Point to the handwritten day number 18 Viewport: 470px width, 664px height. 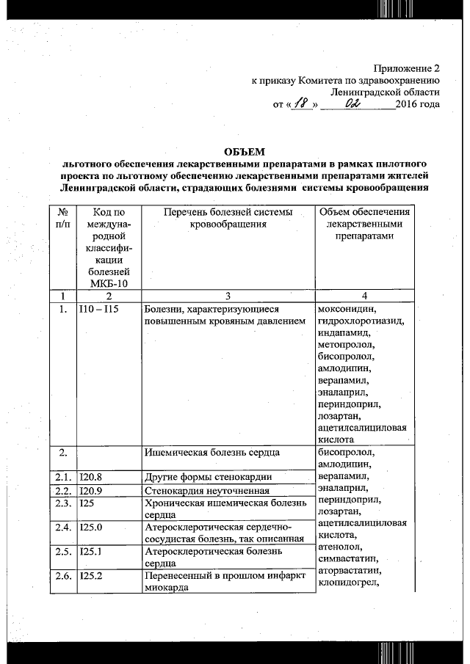pos(300,104)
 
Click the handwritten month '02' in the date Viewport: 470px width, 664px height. pos(355,103)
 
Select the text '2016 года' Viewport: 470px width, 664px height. pos(417,104)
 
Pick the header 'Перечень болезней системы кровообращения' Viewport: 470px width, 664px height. pos(228,217)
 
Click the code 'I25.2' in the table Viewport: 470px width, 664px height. pos(92,577)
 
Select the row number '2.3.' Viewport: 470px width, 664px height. pos(63,503)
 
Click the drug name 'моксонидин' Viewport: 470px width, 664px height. pos(346,309)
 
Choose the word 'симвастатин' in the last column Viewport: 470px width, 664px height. pos(347,559)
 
